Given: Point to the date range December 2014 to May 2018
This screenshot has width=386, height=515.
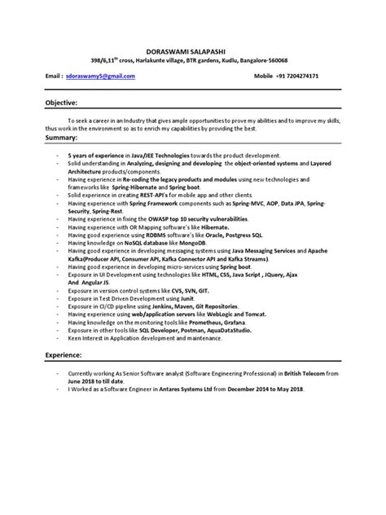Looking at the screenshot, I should [261, 386].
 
